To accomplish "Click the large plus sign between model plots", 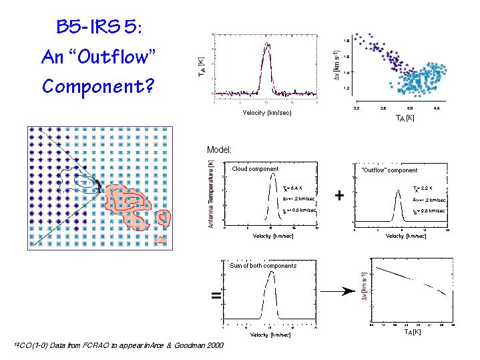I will [340, 196].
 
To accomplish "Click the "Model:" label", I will [219, 150].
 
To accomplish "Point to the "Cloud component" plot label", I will [255, 169].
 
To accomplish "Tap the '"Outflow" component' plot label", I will [389, 170].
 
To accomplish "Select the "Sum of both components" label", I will [262, 265].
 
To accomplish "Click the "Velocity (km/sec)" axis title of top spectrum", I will [267, 112].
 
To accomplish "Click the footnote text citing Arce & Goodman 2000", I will [119, 345].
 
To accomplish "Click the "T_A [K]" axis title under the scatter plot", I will [405, 118].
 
